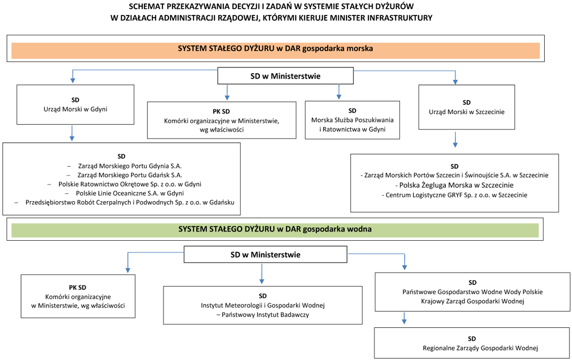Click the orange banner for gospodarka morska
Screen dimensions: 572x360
pos(275,51)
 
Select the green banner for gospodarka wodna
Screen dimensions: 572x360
pos(275,231)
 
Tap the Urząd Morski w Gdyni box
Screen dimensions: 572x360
pos(75,104)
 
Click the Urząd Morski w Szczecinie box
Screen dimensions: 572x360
pos(467,108)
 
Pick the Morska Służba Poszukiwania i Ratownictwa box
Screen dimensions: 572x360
pos(352,120)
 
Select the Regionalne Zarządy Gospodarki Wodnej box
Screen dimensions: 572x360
pos(472,343)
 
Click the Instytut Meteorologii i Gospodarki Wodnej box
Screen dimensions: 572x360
pos(262,305)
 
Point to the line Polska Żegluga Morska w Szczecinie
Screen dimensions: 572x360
pos(454,185)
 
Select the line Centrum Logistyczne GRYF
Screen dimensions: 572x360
pos(454,195)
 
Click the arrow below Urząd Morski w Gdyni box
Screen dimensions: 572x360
pos(72,133)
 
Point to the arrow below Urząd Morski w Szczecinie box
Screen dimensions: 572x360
pos(455,140)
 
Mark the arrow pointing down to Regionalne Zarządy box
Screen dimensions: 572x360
pos(404,318)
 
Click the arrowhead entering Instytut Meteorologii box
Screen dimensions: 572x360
pos(261,281)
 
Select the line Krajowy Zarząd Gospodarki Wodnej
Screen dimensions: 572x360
pos(473,301)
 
